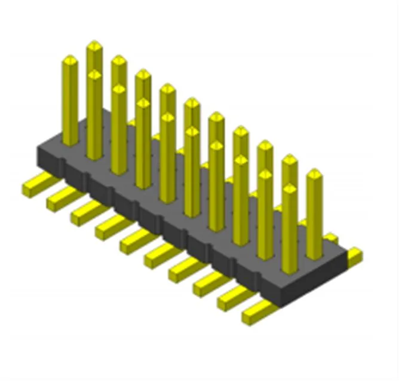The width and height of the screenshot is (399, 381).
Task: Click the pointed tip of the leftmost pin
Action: pyautogui.click(x=70, y=60)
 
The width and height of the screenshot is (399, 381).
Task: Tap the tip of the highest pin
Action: pyautogui.click(x=94, y=45)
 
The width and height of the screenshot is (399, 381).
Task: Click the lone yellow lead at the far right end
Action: pyautogui.click(x=355, y=256)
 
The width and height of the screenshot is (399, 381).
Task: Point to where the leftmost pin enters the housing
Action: pyautogui.click(x=70, y=142)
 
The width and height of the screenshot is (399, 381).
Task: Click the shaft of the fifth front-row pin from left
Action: pyautogui.click(x=192, y=173)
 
